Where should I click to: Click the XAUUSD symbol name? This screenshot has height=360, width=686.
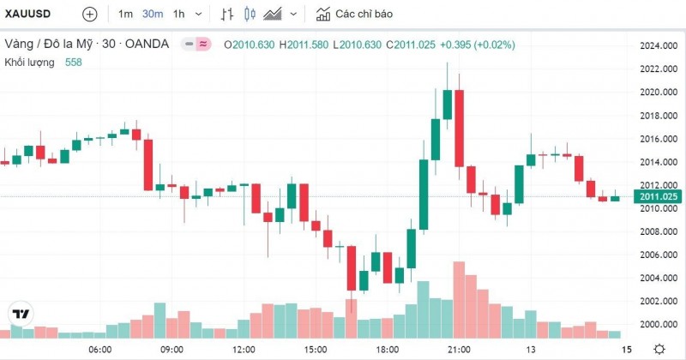click(x=27, y=15)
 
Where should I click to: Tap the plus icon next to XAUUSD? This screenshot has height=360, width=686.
click(x=90, y=15)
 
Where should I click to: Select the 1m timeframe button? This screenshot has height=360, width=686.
click(x=125, y=15)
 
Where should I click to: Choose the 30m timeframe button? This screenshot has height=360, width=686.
click(x=153, y=15)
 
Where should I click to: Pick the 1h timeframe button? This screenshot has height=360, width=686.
click(x=178, y=15)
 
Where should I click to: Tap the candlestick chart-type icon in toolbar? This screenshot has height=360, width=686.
click(x=250, y=15)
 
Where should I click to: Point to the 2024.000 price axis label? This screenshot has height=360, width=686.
click(x=658, y=45)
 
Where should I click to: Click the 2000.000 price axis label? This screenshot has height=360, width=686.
click(x=658, y=324)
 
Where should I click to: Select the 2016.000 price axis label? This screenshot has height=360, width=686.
click(x=658, y=139)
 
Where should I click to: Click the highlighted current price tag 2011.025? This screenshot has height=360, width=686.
click(x=658, y=197)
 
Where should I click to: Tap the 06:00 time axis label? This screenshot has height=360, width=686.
click(x=100, y=350)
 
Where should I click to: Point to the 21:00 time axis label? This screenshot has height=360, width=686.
click(x=459, y=350)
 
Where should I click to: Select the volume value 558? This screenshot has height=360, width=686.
click(x=75, y=63)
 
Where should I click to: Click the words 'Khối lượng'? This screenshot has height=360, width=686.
click(x=30, y=63)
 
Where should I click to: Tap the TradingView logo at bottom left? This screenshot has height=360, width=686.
click(x=21, y=314)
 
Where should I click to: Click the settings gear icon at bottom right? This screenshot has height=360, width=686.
click(x=659, y=349)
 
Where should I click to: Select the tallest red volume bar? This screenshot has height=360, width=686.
click(x=459, y=299)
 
